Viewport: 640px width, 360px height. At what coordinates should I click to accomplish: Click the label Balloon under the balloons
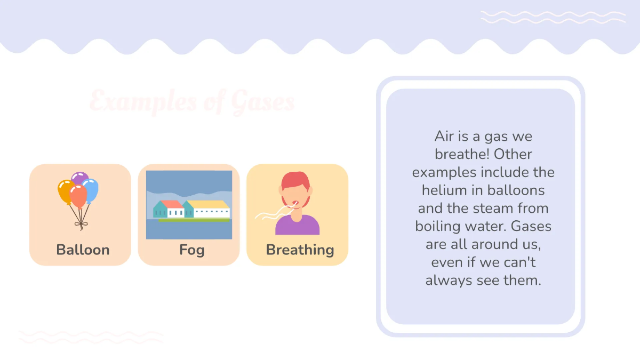pos(83,250)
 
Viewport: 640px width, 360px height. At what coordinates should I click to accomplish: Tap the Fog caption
pos(191,250)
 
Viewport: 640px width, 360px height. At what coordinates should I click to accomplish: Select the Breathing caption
pos(300,250)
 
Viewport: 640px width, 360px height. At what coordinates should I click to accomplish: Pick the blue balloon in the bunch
pos(91,189)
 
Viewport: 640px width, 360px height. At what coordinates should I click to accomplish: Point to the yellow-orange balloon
pos(66,190)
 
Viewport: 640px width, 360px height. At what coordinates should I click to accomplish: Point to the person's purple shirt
pos(298,227)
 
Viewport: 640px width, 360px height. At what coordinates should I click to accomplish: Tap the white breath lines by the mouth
pos(272,214)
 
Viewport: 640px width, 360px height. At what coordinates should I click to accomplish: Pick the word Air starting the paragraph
pos(444,136)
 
